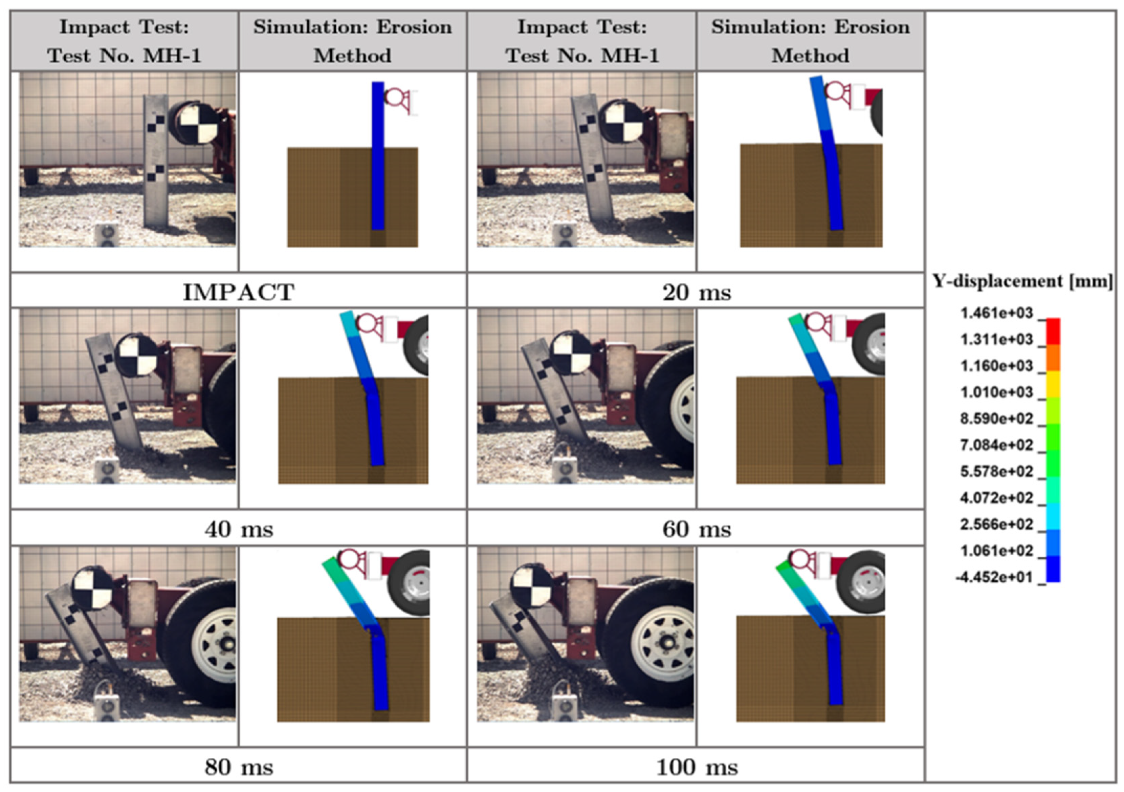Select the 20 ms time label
click(x=697, y=293)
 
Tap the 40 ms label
click(x=239, y=529)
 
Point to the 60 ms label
click(x=697, y=529)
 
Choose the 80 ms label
click(x=239, y=767)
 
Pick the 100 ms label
click(x=697, y=767)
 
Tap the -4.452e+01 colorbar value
click(x=994, y=577)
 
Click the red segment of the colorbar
click(x=1053, y=331)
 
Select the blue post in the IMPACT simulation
click(x=377, y=155)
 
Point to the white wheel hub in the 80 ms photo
click(x=215, y=645)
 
